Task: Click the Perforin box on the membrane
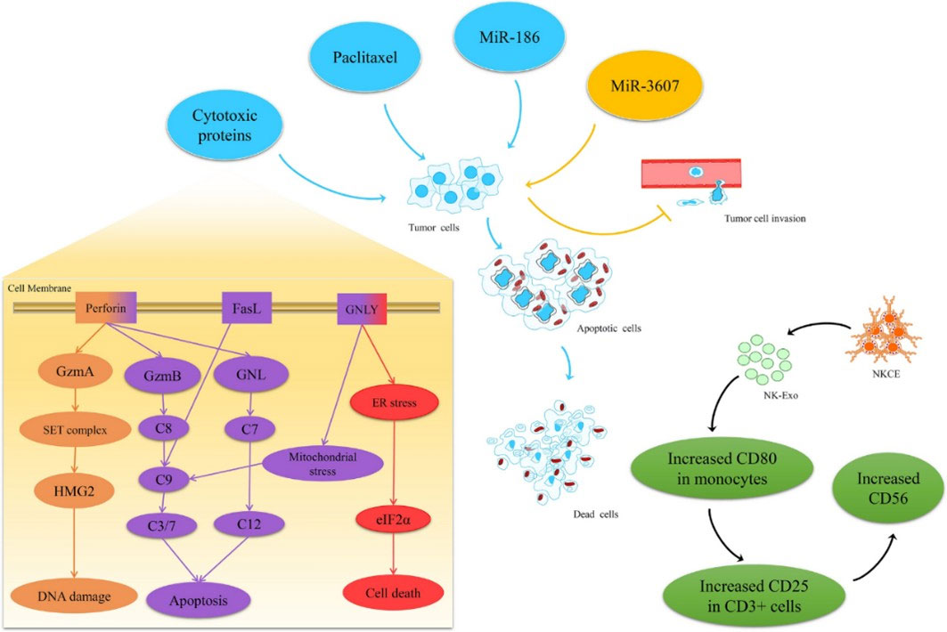106,310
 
